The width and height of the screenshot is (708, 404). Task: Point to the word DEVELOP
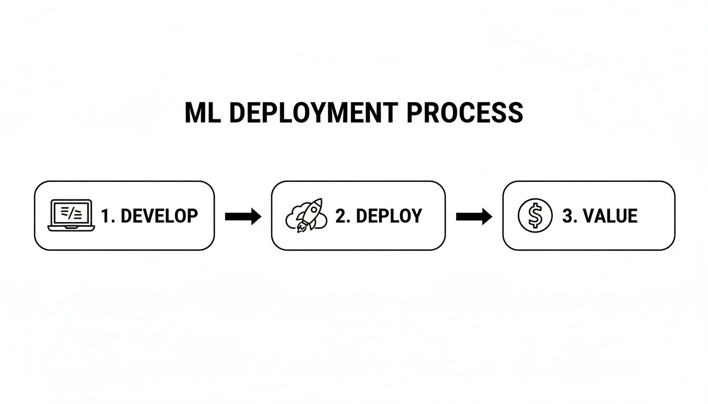pyautogui.click(x=159, y=216)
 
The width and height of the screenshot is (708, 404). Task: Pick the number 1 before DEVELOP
pyautogui.click(x=106, y=216)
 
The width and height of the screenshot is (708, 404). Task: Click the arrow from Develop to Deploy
pyautogui.click(x=243, y=216)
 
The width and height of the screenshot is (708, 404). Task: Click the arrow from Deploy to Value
pyautogui.click(x=474, y=216)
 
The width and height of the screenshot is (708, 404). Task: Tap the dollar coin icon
pyautogui.click(x=535, y=216)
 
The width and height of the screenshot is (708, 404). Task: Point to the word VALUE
pyautogui.click(x=608, y=216)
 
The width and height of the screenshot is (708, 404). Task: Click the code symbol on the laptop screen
pyautogui.click(x=70, y=212)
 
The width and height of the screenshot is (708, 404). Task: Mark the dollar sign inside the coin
pyautogui.click(x=535, y=216)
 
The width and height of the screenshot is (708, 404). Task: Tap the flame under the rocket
pyautogui.click(x=301, y=228)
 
